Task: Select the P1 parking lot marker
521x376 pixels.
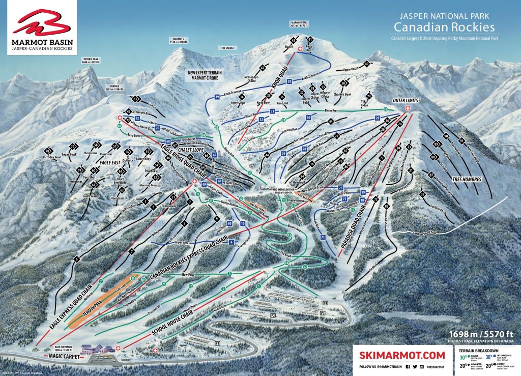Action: [218, 343]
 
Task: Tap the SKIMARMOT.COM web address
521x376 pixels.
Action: [399, 355]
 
